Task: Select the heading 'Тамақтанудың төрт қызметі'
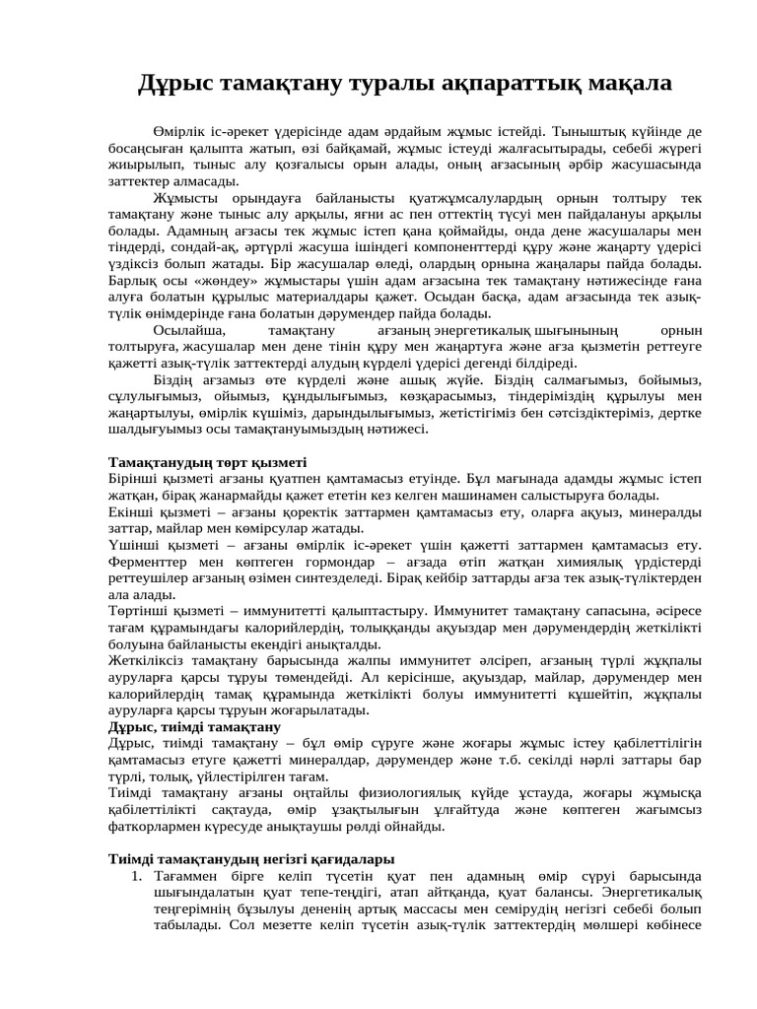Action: pos(207,461)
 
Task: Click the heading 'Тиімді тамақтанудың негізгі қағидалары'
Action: pos(251,859)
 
